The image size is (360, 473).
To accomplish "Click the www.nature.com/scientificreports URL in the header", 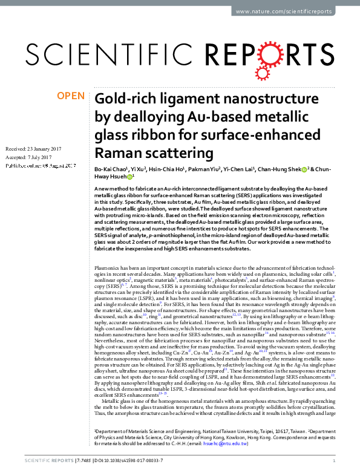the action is pos(294,11).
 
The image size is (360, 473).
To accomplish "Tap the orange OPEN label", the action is pos(70,96).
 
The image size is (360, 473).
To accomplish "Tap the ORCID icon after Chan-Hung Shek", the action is pos(304,170).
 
